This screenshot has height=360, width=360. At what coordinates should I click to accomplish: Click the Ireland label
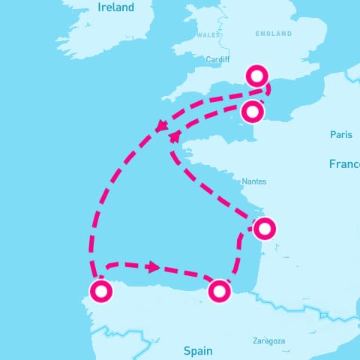115,7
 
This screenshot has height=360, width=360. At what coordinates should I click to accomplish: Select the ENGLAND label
274,34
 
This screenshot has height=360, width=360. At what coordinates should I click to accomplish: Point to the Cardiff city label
217,60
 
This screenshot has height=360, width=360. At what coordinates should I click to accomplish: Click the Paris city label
340,135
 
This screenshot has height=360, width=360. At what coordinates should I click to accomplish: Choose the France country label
344,163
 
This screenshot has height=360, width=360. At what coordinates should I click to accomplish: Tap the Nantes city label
253,181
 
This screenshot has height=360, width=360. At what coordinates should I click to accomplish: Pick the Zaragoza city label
269,340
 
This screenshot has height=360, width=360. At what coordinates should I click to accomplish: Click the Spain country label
198,350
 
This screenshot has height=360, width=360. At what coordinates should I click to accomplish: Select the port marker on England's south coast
257,76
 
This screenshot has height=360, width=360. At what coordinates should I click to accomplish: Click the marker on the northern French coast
253,112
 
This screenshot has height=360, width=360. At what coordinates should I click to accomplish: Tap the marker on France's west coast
265,229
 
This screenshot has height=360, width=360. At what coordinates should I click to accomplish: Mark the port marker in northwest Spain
100,290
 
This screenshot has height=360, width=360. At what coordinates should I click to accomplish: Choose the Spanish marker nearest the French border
219,291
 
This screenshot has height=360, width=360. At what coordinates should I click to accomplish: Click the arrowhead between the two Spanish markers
154,267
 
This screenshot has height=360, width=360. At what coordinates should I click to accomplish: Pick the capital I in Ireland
100,7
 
